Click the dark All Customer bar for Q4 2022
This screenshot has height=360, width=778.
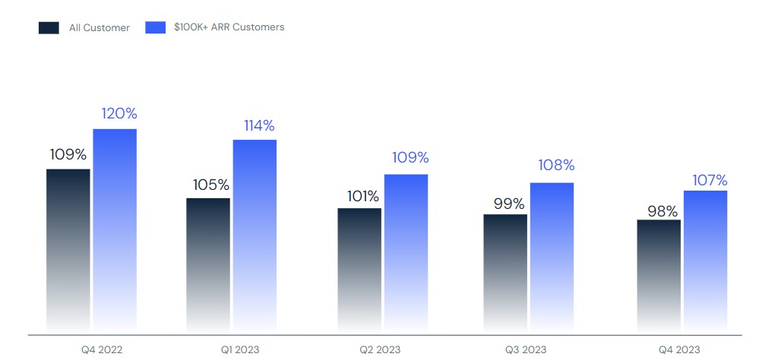point(68,251)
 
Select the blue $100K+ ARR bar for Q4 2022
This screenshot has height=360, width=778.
point(115,231)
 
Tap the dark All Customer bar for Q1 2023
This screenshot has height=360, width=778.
point(208,265)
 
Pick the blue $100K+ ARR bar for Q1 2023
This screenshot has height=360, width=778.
point(255,236)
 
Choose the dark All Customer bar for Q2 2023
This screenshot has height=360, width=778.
point(359,270)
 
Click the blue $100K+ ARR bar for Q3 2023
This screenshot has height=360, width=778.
point(552,257)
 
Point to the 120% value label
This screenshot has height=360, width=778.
point(119,114)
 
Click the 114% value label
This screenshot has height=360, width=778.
point(259,125)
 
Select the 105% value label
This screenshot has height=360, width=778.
point(211,185)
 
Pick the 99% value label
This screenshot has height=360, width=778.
point(508,204)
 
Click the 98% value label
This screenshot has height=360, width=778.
point(662,211)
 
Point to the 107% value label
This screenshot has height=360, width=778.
point(710,181)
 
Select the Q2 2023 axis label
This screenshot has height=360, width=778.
point(380,350)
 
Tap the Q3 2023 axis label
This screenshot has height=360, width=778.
point(525,350)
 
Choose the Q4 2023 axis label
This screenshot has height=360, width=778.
point(679,350)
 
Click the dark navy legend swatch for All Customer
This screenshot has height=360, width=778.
point(49,28)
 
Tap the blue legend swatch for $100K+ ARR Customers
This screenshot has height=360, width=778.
point(155,28)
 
